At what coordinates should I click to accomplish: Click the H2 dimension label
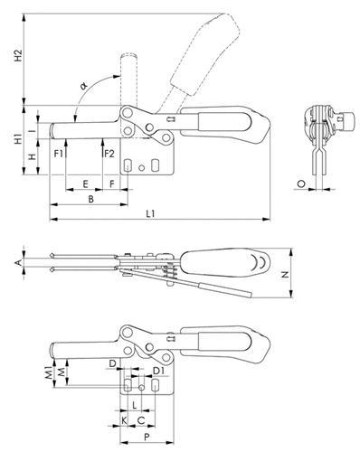(19, 55)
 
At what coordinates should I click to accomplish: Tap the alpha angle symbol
(84, 86)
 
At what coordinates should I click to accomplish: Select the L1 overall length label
(150, 214)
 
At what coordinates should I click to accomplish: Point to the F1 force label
(58, 154)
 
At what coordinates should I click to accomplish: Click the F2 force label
(109, 154)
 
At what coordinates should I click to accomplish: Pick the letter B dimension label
(90, 199)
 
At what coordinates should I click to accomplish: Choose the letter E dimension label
(85, 184)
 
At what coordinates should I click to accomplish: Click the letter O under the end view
(301, 184)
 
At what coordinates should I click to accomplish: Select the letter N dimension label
(285, 274)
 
